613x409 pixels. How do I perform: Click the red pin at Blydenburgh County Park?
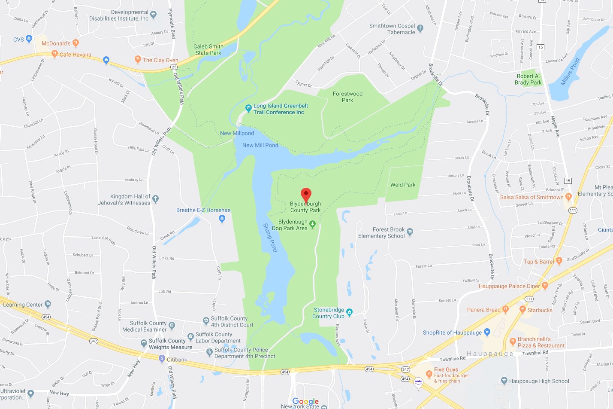(x=305, y=195)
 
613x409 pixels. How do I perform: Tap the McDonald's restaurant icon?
(x=76, y=43)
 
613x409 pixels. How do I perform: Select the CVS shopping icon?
(x=29, y=39)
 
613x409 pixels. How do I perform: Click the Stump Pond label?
(x=270, y=238)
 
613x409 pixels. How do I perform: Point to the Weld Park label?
(x=403, y=185)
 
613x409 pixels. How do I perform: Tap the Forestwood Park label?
(x=347, y=97)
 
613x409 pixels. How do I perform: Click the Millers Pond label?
(x=570, y=71)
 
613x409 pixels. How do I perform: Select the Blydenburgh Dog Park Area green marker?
(x=313, y=224)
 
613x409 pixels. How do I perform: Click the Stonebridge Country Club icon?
(x=350, y=312)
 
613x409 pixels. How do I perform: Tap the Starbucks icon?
(x=522, y=309)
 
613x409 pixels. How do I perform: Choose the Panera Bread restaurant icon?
(x=505, y=309)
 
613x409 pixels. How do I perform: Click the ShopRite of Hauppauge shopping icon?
(x=487, y=332)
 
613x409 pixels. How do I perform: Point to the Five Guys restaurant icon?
(x=429, y=374)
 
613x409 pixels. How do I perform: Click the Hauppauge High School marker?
(x=504, y=381)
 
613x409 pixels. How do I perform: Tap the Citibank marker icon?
(x=162, y=359)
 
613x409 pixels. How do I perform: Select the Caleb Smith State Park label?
(x=208, y=50)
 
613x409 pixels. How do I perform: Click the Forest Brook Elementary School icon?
(x=410, y=232)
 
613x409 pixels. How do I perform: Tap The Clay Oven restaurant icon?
(x=138, y=59)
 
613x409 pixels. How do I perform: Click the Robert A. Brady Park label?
(x=528, y=79)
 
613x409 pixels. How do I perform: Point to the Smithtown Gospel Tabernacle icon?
(x=420, y=29)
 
